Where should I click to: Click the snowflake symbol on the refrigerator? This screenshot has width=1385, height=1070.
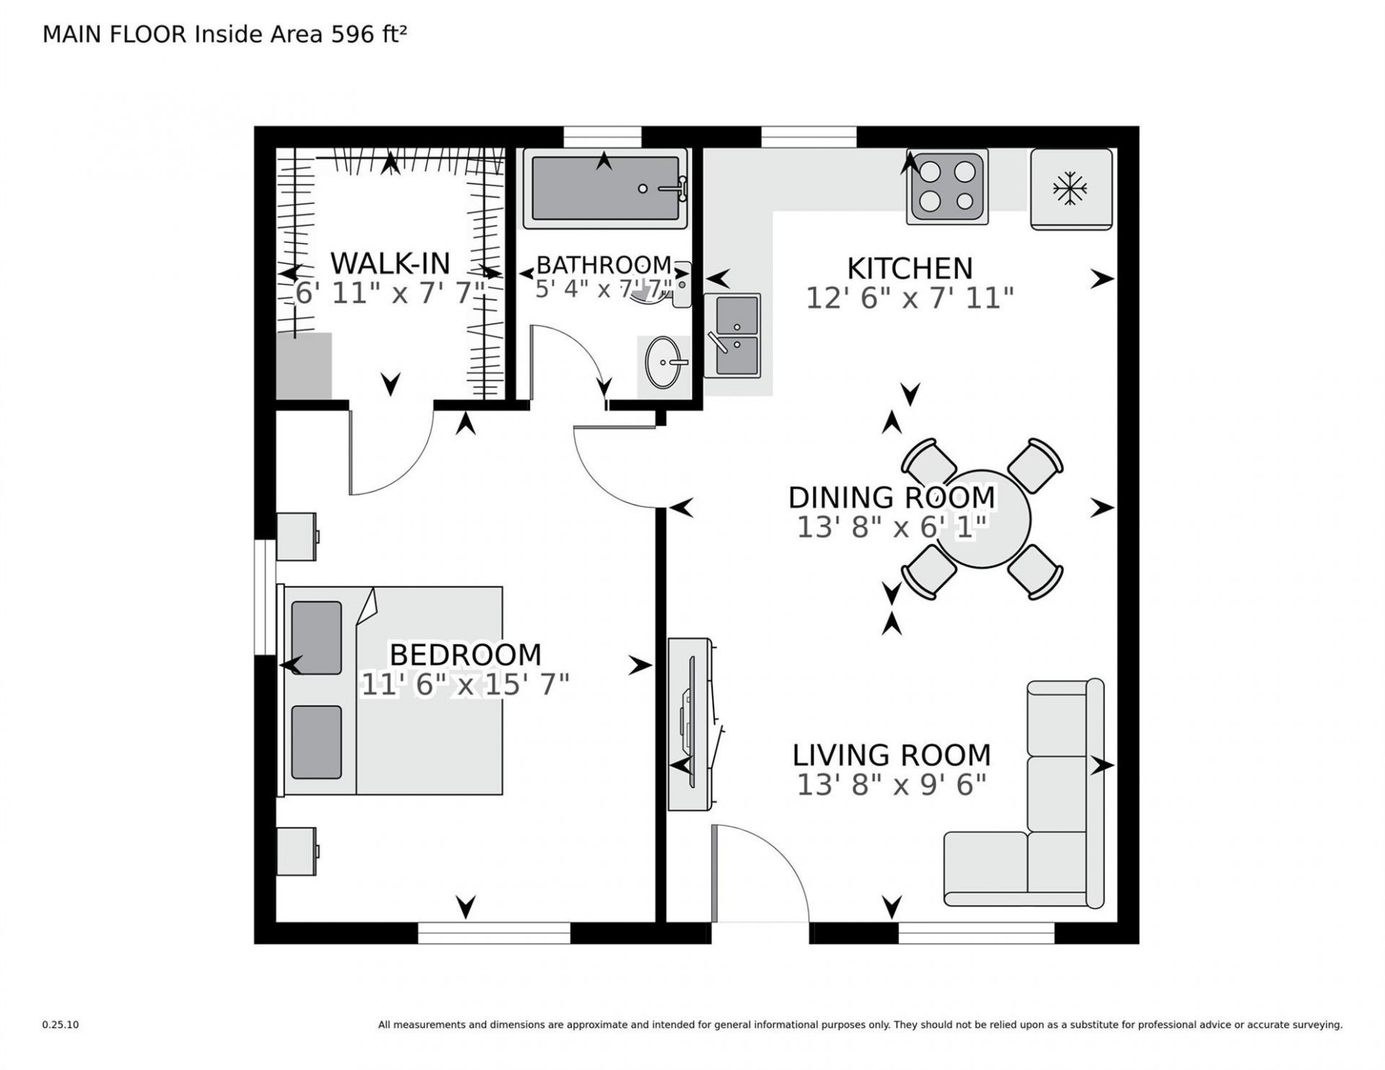point(1070,189)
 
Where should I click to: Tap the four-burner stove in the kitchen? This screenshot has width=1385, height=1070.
point(947,188)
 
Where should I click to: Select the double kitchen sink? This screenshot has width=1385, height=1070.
point(732,336)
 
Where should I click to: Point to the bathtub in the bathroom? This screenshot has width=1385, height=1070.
point(604,189)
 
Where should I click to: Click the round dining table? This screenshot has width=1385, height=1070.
point(981,519)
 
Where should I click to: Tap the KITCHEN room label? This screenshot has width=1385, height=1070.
point(910,268)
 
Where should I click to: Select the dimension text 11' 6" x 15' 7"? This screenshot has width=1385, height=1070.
point(465,684)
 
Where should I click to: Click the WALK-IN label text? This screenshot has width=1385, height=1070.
point(390,263)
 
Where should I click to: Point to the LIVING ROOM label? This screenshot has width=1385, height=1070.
point(892,755)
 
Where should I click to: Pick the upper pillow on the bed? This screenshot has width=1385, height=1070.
point(317,638)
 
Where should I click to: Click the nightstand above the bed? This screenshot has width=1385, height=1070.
point(296,536)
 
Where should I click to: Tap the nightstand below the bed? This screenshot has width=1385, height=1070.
point(296,851)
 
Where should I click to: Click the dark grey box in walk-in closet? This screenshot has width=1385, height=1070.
point(304,366)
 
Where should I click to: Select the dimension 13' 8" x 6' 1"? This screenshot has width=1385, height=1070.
point(892,527)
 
